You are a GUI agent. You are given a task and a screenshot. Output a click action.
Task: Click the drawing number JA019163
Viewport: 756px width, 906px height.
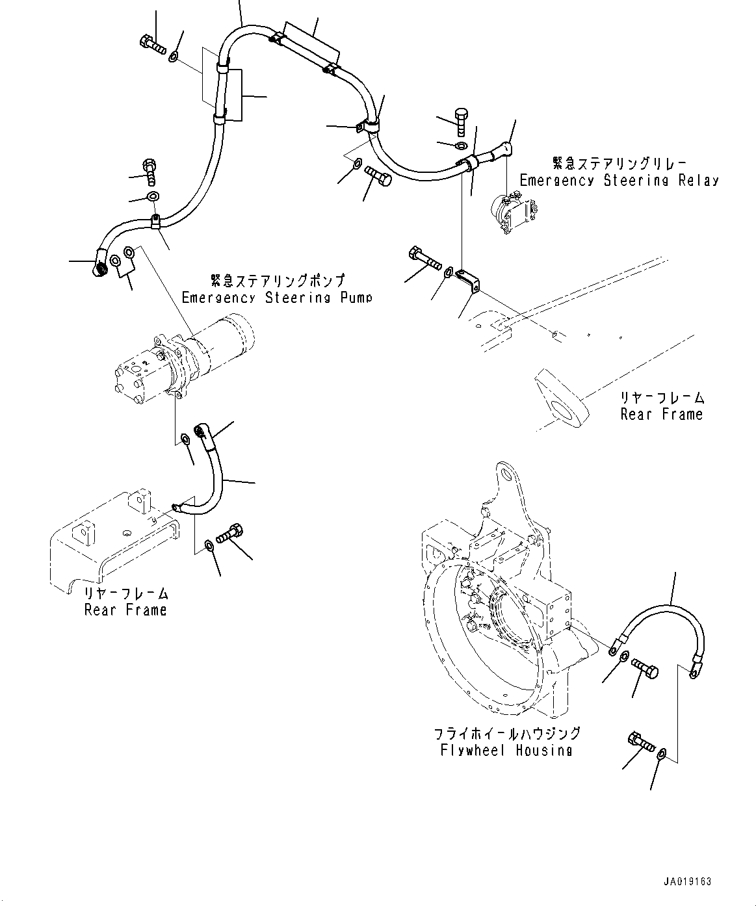click(x=687, y=882)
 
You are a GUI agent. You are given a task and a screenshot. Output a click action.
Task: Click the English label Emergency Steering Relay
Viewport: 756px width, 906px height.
click(x=619, y=181)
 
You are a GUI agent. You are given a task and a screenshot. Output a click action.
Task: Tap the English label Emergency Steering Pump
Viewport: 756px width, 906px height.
click(x=277, y=298)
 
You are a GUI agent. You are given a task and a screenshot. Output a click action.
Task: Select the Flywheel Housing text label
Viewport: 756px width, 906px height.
click(x=506, y=750)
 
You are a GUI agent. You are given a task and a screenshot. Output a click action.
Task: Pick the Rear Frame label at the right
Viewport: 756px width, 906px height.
click(x=661, y=414)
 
